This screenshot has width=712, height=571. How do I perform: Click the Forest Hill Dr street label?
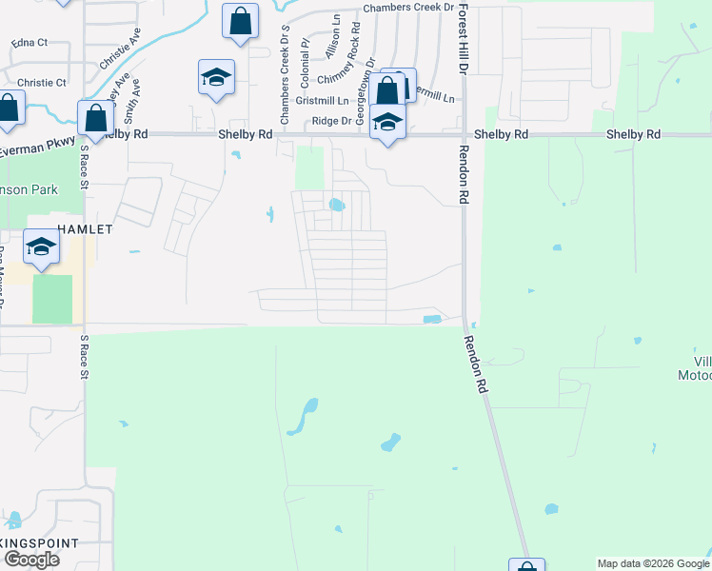click(463, 39)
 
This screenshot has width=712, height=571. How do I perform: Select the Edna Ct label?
click(28, 44)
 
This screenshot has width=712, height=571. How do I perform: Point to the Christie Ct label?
click(41, 83)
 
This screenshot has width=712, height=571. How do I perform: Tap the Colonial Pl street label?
click(305, 57)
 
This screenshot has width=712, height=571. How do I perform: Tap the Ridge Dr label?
click(331, 122)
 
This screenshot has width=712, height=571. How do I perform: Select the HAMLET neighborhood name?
click(85, 229)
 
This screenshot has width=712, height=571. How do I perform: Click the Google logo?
click(30, 560)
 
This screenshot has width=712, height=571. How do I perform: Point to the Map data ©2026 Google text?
click(653, 563)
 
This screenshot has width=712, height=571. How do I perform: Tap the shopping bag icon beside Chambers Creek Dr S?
click(240, 20)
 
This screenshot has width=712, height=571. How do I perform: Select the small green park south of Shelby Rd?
click(309, 167)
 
